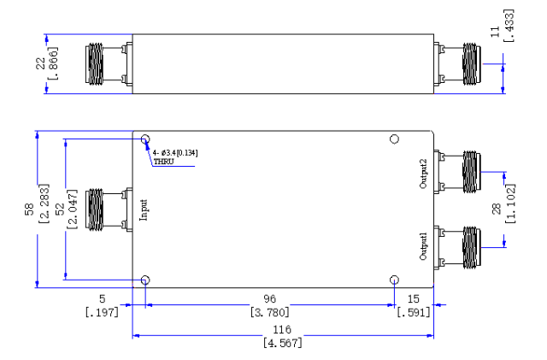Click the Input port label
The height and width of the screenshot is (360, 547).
click(x=144, y=210)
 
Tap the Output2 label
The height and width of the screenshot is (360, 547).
click(x=423, y=174)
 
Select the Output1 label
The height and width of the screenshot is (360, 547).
click(x=423, y=246)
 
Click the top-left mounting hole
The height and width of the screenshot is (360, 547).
click(x=145, y=139)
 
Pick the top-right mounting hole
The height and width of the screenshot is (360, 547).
click(x=394, y=139)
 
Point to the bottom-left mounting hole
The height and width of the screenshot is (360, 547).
click(x=145, y=280)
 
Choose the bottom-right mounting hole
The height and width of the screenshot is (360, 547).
click(x=394, y=280)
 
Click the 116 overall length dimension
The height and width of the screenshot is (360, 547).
click(x=282, y=329)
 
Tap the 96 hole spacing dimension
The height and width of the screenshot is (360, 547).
click(x=270, y=299)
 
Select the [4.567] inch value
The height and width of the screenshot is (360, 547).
click(x=283, y=343)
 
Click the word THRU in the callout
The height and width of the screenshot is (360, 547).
click(x=163, y=162)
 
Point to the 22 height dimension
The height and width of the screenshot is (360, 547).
click(x=41, y=63)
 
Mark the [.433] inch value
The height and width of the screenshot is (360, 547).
click(x=509, y=26)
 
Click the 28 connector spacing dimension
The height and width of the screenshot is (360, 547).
click(x=496, y=210)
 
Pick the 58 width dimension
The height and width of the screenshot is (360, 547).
click(x=29, y=209)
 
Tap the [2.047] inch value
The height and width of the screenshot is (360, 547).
click(x=72, y=210)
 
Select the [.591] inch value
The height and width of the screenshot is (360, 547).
click(x=414, y=312)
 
